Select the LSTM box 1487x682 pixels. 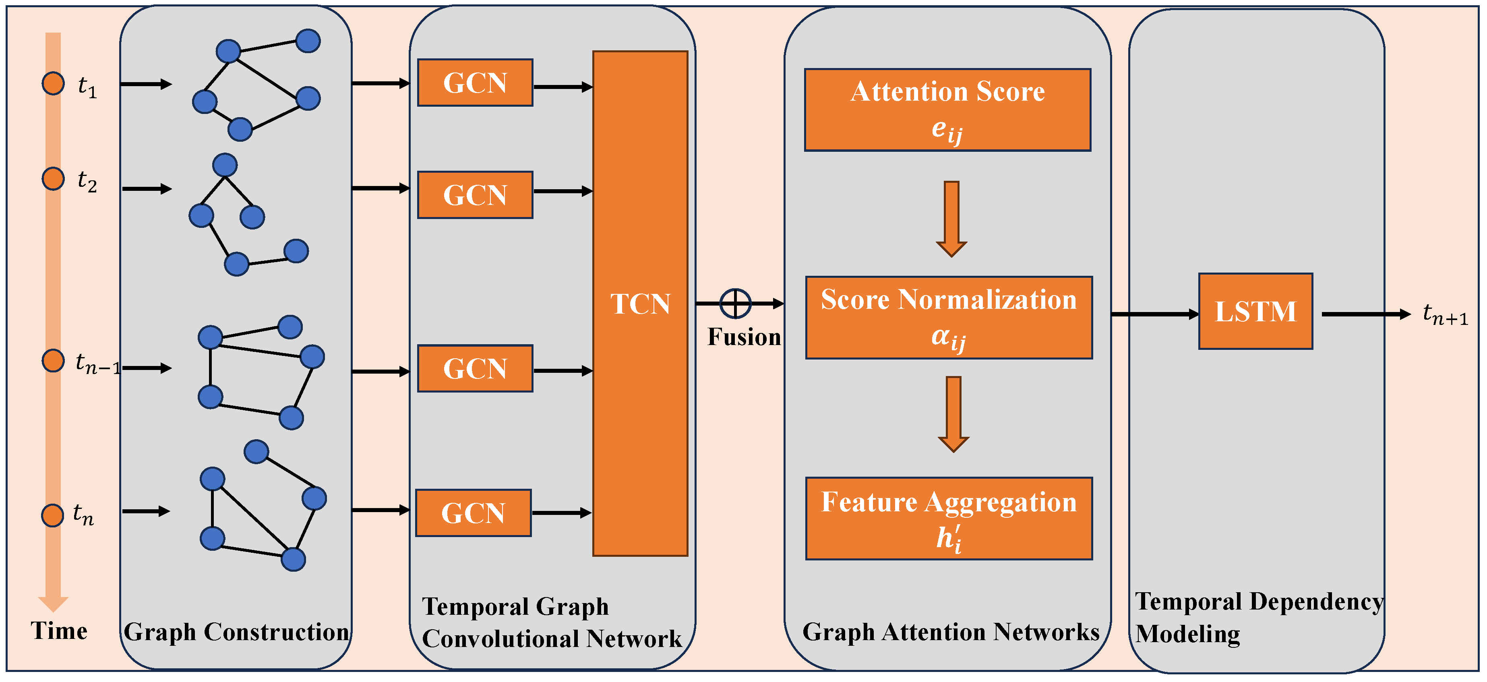(1255, 312)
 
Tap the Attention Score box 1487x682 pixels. (947, 110)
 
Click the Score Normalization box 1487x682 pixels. (948, 317)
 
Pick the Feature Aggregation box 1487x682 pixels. (948, 518)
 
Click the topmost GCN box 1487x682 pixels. (474, 83)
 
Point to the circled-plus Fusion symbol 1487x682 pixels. (735, 304)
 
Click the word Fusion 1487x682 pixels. (744, 337)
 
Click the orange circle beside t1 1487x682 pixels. (53, 84)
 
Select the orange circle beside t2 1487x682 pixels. (53, 179)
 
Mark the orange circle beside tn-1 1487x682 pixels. (53, 361)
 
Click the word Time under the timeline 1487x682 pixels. (59, 630)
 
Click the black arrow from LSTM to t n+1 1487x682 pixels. (1365, 314)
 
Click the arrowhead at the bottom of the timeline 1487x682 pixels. (53, 603)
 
